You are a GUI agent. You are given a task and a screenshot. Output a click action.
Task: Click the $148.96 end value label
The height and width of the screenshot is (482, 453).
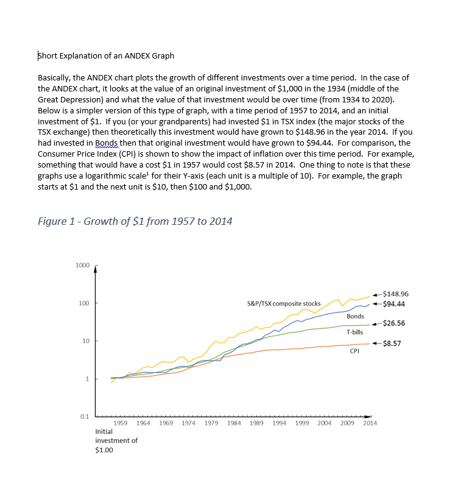(x=396, y=294)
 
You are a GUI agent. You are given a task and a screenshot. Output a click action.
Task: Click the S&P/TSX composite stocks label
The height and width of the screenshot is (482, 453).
(x=284, y=303)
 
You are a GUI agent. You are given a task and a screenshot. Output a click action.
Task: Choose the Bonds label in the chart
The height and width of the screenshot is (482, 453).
(x=355, y=316)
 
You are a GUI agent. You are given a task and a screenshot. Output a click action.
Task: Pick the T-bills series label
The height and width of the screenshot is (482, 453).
(x=354, y=333)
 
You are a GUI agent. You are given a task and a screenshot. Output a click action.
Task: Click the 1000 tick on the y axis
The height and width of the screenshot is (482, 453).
(x=82, y=266)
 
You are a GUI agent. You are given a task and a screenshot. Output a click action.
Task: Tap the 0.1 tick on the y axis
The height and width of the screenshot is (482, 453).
(x=84, y=417)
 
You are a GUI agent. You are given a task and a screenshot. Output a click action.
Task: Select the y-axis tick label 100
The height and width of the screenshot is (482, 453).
(x=83, y=303)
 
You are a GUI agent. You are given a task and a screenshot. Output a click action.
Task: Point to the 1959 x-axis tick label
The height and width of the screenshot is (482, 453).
(x=121, y=423)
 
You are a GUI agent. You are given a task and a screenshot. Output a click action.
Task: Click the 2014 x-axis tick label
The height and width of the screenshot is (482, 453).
(x=370, y=423)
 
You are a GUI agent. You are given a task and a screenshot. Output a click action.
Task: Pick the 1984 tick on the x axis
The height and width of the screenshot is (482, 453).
(x=234, y=423)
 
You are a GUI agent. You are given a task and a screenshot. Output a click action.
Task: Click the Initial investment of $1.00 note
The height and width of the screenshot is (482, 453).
(x=116, y=441)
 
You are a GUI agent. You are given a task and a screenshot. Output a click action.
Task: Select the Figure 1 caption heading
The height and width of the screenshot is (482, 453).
(x=135, y=221)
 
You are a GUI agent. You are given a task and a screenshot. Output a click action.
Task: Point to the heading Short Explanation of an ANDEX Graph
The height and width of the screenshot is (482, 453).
(x=106, y=56)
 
